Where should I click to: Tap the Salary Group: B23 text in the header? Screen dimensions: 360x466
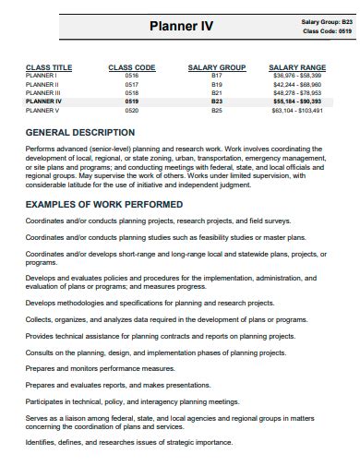point(327,20)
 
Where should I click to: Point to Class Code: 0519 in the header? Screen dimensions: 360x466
point(327,31)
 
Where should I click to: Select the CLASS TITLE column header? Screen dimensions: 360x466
point(49,67)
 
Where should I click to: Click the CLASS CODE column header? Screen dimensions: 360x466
point(132,67)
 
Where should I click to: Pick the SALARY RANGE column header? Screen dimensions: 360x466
point(297,67)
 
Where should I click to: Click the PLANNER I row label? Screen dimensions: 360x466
point(42,76)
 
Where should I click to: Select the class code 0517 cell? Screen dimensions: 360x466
point(131,84)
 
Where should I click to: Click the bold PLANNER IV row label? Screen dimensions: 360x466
point(43,102)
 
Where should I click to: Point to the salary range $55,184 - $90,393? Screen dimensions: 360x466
point(297,102)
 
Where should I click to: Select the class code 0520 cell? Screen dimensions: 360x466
point(131,110)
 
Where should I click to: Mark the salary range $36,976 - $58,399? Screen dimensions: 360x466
point(297,76)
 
